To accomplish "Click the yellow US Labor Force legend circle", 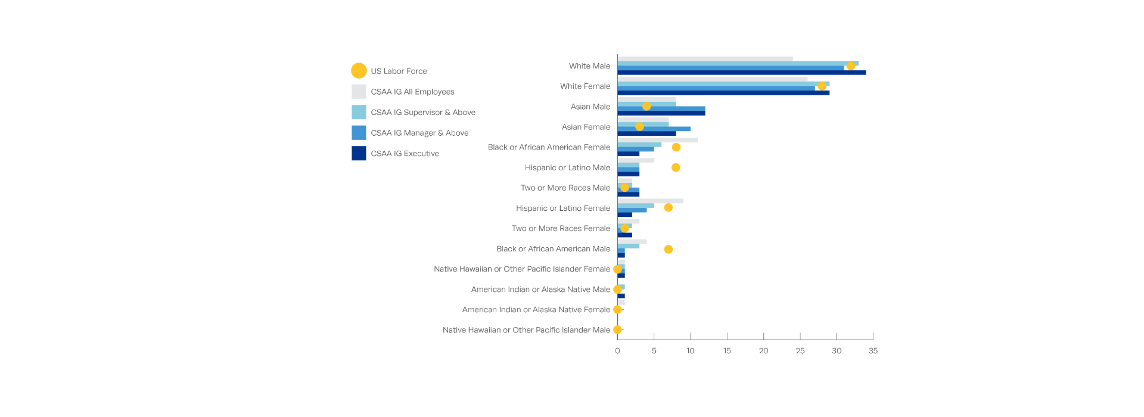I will pos(359,71).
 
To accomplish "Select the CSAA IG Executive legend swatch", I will pos(359,153).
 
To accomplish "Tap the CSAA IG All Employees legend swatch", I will pos(359,92).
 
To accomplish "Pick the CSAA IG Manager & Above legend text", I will pos(419,133).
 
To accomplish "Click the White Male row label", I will pos(589,66).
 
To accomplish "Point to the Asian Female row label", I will pos(586,127).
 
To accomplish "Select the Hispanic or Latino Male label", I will pos(567,167).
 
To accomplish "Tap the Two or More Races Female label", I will pos(561,228).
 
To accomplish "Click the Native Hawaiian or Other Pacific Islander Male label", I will pos(526,330).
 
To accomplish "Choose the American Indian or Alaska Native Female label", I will pos(536,310).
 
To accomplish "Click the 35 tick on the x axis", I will pos(873,351).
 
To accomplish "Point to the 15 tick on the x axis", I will pos(727,351).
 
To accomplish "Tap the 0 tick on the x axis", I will pos(617,351).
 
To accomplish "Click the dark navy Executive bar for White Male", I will pos(741,73).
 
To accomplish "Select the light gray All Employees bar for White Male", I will pos(705,59).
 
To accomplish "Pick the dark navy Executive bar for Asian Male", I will pos(661,113).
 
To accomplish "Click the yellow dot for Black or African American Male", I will pos(669,249).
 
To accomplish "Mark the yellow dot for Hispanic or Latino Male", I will pos(676,167).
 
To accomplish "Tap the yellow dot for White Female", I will pos(822,86).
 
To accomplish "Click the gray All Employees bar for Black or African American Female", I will pos(657,140).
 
